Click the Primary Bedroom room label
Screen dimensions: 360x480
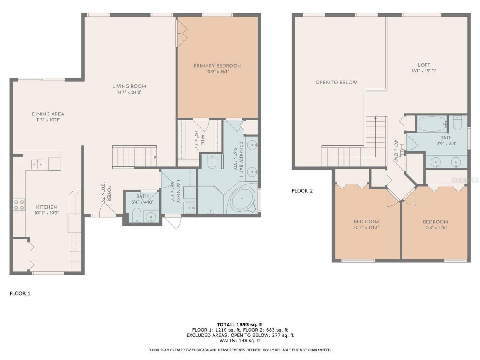(x=217, y=66)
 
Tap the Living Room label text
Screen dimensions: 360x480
(x=129, y=86)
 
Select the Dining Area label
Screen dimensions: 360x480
(x=48, y=114)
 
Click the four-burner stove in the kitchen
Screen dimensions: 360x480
(x=19, y=205)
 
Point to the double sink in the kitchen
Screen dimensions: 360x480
(x=37, y=164)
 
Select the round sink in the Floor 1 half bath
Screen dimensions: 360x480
(x=151, y=216)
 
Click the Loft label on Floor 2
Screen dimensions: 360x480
(x=424, y=65)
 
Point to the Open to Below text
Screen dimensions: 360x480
(x=336, y=82)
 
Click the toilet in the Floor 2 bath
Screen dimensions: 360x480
(x=457, y=123)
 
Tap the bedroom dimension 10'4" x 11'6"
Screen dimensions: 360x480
(x=435, y=227)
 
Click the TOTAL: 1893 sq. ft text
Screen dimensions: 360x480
(x=240, y=324)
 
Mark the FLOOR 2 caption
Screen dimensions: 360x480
(x=302, y=190)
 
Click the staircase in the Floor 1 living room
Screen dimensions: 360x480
(x=134, y=156)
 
